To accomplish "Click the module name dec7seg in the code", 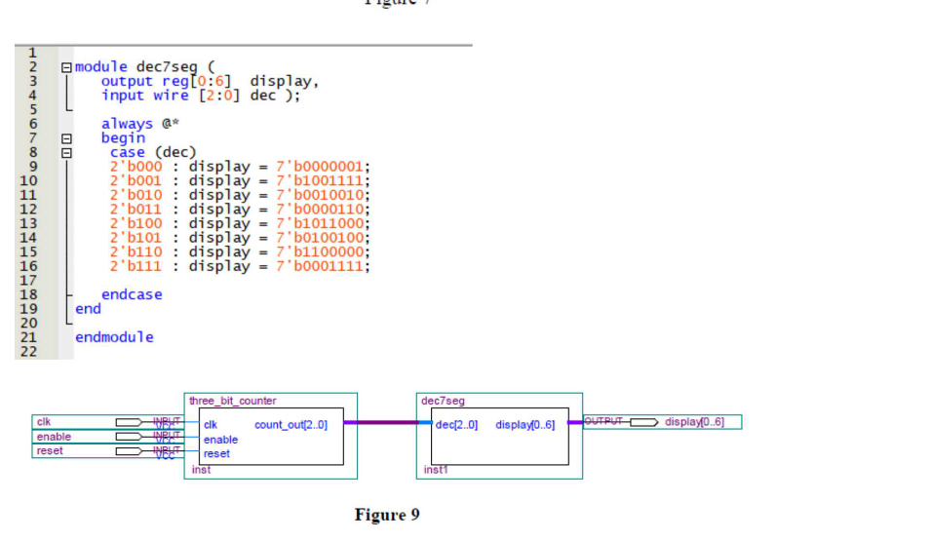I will click(x=167, y=67).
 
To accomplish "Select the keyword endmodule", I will click(x=114, y=337).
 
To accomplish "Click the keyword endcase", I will click(x=132, y=294).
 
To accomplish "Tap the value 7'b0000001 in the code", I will click(x=323, y=167).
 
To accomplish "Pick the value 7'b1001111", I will click(x=323, y=181).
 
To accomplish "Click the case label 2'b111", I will click(x=136, y=266).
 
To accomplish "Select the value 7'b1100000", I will click(x=323, y=251).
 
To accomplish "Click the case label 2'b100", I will click(x=136, y=223).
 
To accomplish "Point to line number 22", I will click(x=28, y=352).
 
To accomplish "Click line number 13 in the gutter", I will click(x=28, y=223).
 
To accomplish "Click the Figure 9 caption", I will click(x=387, y=515).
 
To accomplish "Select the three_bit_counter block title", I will click(x=233, y=401).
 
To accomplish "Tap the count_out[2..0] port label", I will click(x=291, y=425).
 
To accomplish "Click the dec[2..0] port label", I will click(x=456, y=425).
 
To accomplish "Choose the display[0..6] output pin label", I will click(x=694, y=422).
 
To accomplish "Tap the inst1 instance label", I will click(x=436, y=470).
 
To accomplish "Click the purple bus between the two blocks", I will click(x=381, y=423).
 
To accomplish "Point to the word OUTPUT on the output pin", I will click(x=605, y=421).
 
